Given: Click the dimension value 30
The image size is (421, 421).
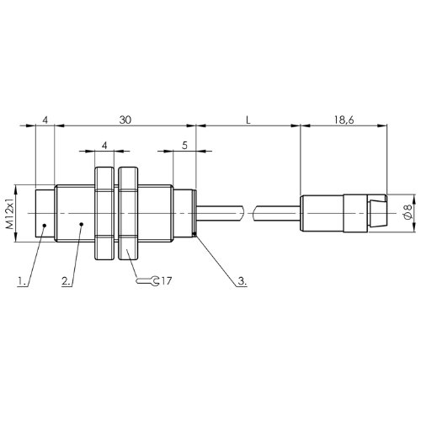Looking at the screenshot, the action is tap(125, 120).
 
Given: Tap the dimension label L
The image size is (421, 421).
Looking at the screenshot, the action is tap(248, 120).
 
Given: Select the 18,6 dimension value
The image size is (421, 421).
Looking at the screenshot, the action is tap(344, 120).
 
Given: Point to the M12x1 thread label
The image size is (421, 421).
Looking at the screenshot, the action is tap(10, 214).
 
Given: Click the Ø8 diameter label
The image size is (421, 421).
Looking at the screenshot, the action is tap(408, 214).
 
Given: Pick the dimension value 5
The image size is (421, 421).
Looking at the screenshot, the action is tap(184, 146).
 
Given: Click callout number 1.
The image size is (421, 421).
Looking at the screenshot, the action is tap(21, 280).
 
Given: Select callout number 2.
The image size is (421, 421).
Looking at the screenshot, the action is tap(67, 280).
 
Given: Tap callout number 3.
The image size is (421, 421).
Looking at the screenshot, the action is tap(242, 280).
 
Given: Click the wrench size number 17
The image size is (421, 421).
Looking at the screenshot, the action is tap(166, 280).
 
